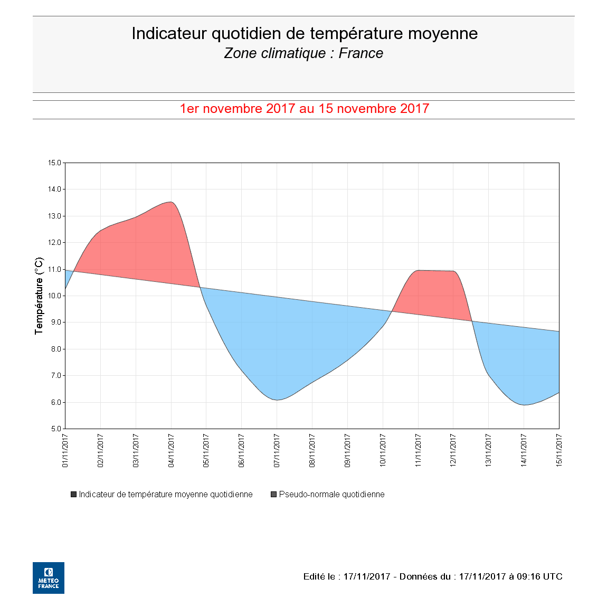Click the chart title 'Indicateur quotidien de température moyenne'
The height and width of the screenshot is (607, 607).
304,33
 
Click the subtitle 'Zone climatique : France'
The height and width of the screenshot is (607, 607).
303,53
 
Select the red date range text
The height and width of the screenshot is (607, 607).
304,109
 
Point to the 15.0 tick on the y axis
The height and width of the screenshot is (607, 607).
55,163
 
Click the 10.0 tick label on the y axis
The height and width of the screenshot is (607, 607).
55,296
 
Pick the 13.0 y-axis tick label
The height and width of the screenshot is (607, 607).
55,216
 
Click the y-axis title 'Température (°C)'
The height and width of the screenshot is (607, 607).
39,296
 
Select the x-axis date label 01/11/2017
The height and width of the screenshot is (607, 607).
65,451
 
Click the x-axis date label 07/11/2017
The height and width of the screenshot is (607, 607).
277,451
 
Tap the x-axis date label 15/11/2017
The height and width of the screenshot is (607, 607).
559,451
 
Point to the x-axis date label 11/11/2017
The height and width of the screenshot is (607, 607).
418,451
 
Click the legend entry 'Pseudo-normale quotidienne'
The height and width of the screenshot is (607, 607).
331,495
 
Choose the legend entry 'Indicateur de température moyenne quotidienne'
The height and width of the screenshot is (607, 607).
165,495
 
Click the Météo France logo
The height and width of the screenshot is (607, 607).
49,578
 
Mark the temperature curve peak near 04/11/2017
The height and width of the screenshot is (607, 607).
170,202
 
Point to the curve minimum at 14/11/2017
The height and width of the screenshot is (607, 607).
524,405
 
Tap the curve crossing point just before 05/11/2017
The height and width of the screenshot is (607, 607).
200,287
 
